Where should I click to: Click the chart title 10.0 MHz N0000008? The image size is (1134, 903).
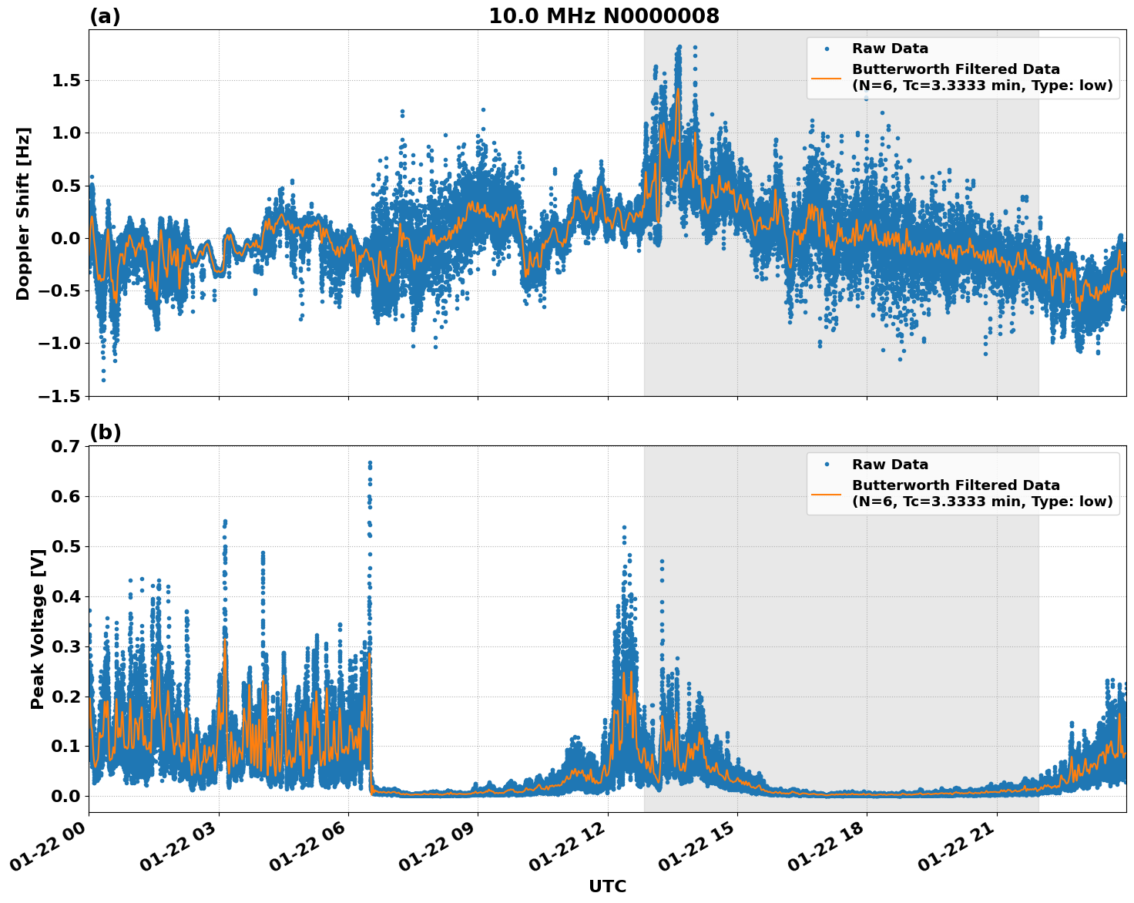coord(604,16)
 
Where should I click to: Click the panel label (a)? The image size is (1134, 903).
coord(105,16)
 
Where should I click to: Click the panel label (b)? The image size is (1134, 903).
coord(106,432)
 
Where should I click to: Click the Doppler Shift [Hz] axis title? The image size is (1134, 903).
coord(23,213)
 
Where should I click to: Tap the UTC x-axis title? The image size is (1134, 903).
coord(607,886)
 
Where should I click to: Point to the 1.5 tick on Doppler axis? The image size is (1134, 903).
coord(63,81)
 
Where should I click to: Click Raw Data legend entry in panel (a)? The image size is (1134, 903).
coord(890,49)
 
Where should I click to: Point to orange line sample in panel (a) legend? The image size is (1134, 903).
coord(827,78)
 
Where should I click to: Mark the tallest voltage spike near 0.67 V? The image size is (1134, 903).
coord(370,463)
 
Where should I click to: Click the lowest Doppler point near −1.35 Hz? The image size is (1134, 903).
coord(103,380)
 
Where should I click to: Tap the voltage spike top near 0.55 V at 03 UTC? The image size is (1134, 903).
coord(225,522)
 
